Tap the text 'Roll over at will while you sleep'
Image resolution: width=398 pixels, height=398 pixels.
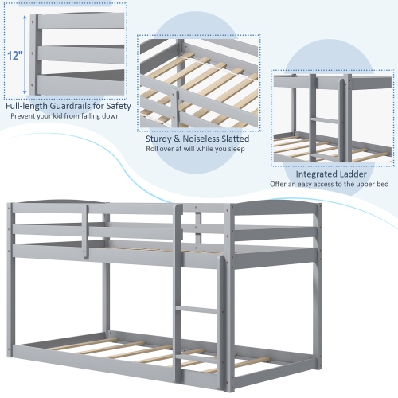coord(195,149)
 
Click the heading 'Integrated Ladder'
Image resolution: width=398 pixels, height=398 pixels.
coord(331,174)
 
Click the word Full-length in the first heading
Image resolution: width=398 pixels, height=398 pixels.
coord(26,104)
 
